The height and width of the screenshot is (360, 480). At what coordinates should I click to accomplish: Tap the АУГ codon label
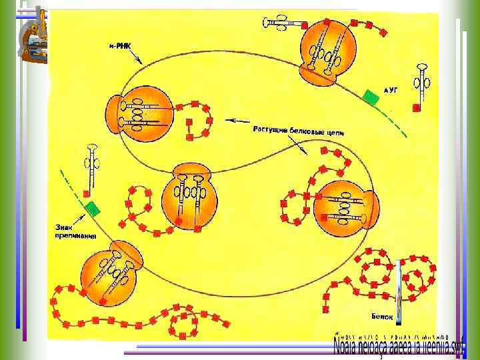tap(391, 89)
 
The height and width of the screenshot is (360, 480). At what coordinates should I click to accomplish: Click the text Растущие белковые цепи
tap(299, 131)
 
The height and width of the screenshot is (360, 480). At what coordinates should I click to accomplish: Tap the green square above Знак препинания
tap(92, 208)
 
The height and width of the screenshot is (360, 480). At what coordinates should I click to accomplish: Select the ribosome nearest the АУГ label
tap(327, 53)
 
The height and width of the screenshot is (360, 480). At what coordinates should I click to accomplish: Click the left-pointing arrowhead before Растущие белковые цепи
tap(228, 121)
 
